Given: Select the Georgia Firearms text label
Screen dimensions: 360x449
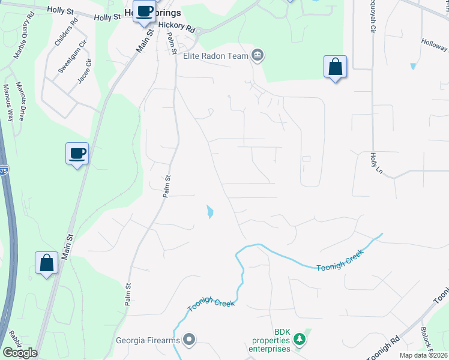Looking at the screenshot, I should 148,341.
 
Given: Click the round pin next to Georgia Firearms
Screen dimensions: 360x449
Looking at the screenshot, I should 190,341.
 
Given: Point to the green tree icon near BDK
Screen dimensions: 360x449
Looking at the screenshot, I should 299,341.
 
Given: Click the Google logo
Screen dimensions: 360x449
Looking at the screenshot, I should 19,353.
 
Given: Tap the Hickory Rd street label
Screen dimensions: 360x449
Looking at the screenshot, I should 178,28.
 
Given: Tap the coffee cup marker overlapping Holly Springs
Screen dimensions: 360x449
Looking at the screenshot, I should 143,12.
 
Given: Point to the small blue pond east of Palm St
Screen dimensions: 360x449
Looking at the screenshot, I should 209,212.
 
